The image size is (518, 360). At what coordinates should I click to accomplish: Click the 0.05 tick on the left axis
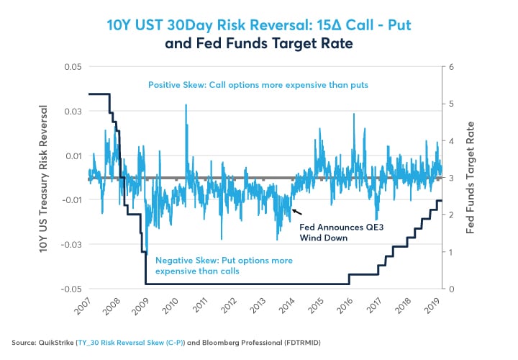(72, 67)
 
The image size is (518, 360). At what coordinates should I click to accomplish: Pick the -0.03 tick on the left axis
(71, 245)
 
